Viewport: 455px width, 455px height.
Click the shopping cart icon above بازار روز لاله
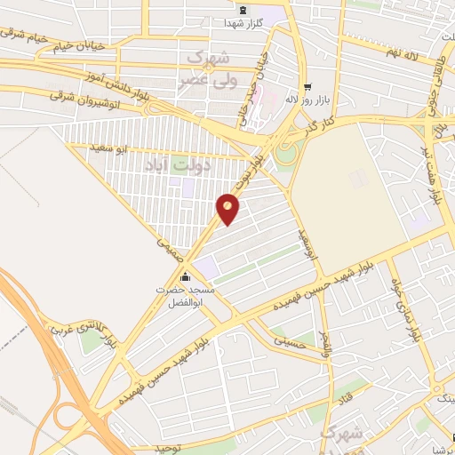coord(308,87)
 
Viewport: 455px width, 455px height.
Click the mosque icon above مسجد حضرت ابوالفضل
coord(182,275)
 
